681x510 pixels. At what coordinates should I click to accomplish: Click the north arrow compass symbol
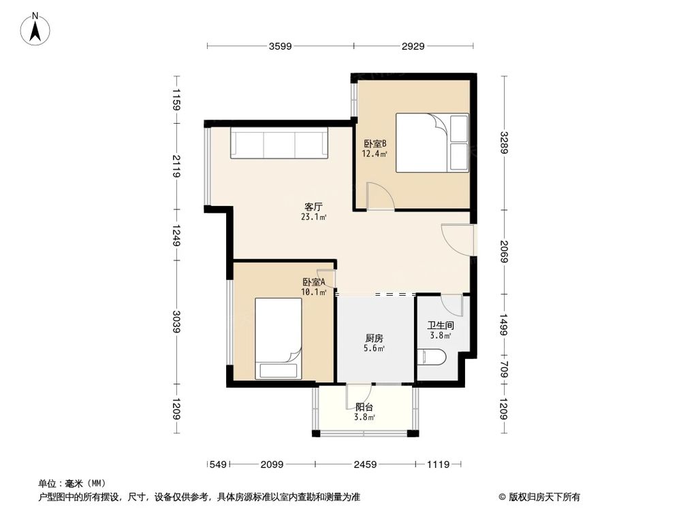35,29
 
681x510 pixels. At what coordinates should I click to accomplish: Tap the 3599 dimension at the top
280,46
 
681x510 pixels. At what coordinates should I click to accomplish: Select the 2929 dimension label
413,46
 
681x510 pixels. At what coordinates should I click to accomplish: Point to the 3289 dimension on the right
503,143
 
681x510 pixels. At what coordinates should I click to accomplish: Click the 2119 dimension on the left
176,166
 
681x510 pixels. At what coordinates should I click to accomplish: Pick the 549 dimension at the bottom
218,464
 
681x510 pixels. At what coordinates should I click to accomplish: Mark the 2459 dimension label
365,464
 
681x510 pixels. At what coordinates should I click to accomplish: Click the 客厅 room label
313,207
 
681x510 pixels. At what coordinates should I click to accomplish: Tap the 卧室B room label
375,143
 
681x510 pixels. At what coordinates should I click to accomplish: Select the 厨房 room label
374,338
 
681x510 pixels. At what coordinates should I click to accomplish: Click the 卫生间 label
441,325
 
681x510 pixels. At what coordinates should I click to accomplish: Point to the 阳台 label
364,407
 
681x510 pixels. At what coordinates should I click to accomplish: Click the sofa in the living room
279,143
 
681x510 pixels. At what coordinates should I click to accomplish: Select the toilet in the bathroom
431,357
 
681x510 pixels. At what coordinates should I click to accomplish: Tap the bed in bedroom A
279,338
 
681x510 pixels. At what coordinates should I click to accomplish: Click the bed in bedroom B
432,143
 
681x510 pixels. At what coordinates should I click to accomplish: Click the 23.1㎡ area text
313,217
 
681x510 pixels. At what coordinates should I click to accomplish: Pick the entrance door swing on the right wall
457,240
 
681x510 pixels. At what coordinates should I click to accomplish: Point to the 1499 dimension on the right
503,325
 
